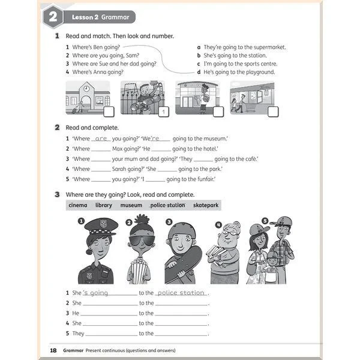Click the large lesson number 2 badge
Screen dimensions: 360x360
[52, 17]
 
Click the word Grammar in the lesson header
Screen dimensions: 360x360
[115, 17]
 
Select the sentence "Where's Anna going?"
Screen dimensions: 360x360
[98, 72]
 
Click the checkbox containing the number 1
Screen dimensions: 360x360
[163, 112]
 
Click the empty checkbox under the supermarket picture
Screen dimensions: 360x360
[273, 111]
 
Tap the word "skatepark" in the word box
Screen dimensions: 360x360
[206, 205]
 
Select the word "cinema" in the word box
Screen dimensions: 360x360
[78, 205]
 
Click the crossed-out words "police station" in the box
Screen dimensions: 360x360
[167, 205]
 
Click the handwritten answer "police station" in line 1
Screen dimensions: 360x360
[181, 293]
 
